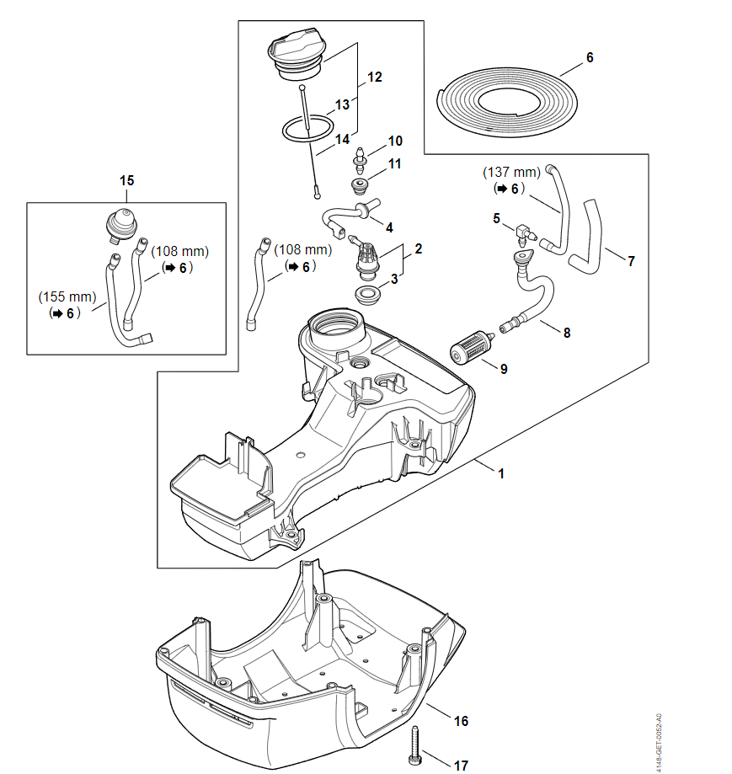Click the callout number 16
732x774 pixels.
point(461,721)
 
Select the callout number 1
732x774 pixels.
point(501,473)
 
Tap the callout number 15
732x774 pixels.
point(126,180)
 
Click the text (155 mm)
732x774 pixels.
point(67,296)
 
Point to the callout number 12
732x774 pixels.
point(375,77)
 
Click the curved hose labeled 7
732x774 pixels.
point(590,240)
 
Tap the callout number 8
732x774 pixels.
point(567,333)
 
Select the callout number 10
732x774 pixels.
point(395,141)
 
